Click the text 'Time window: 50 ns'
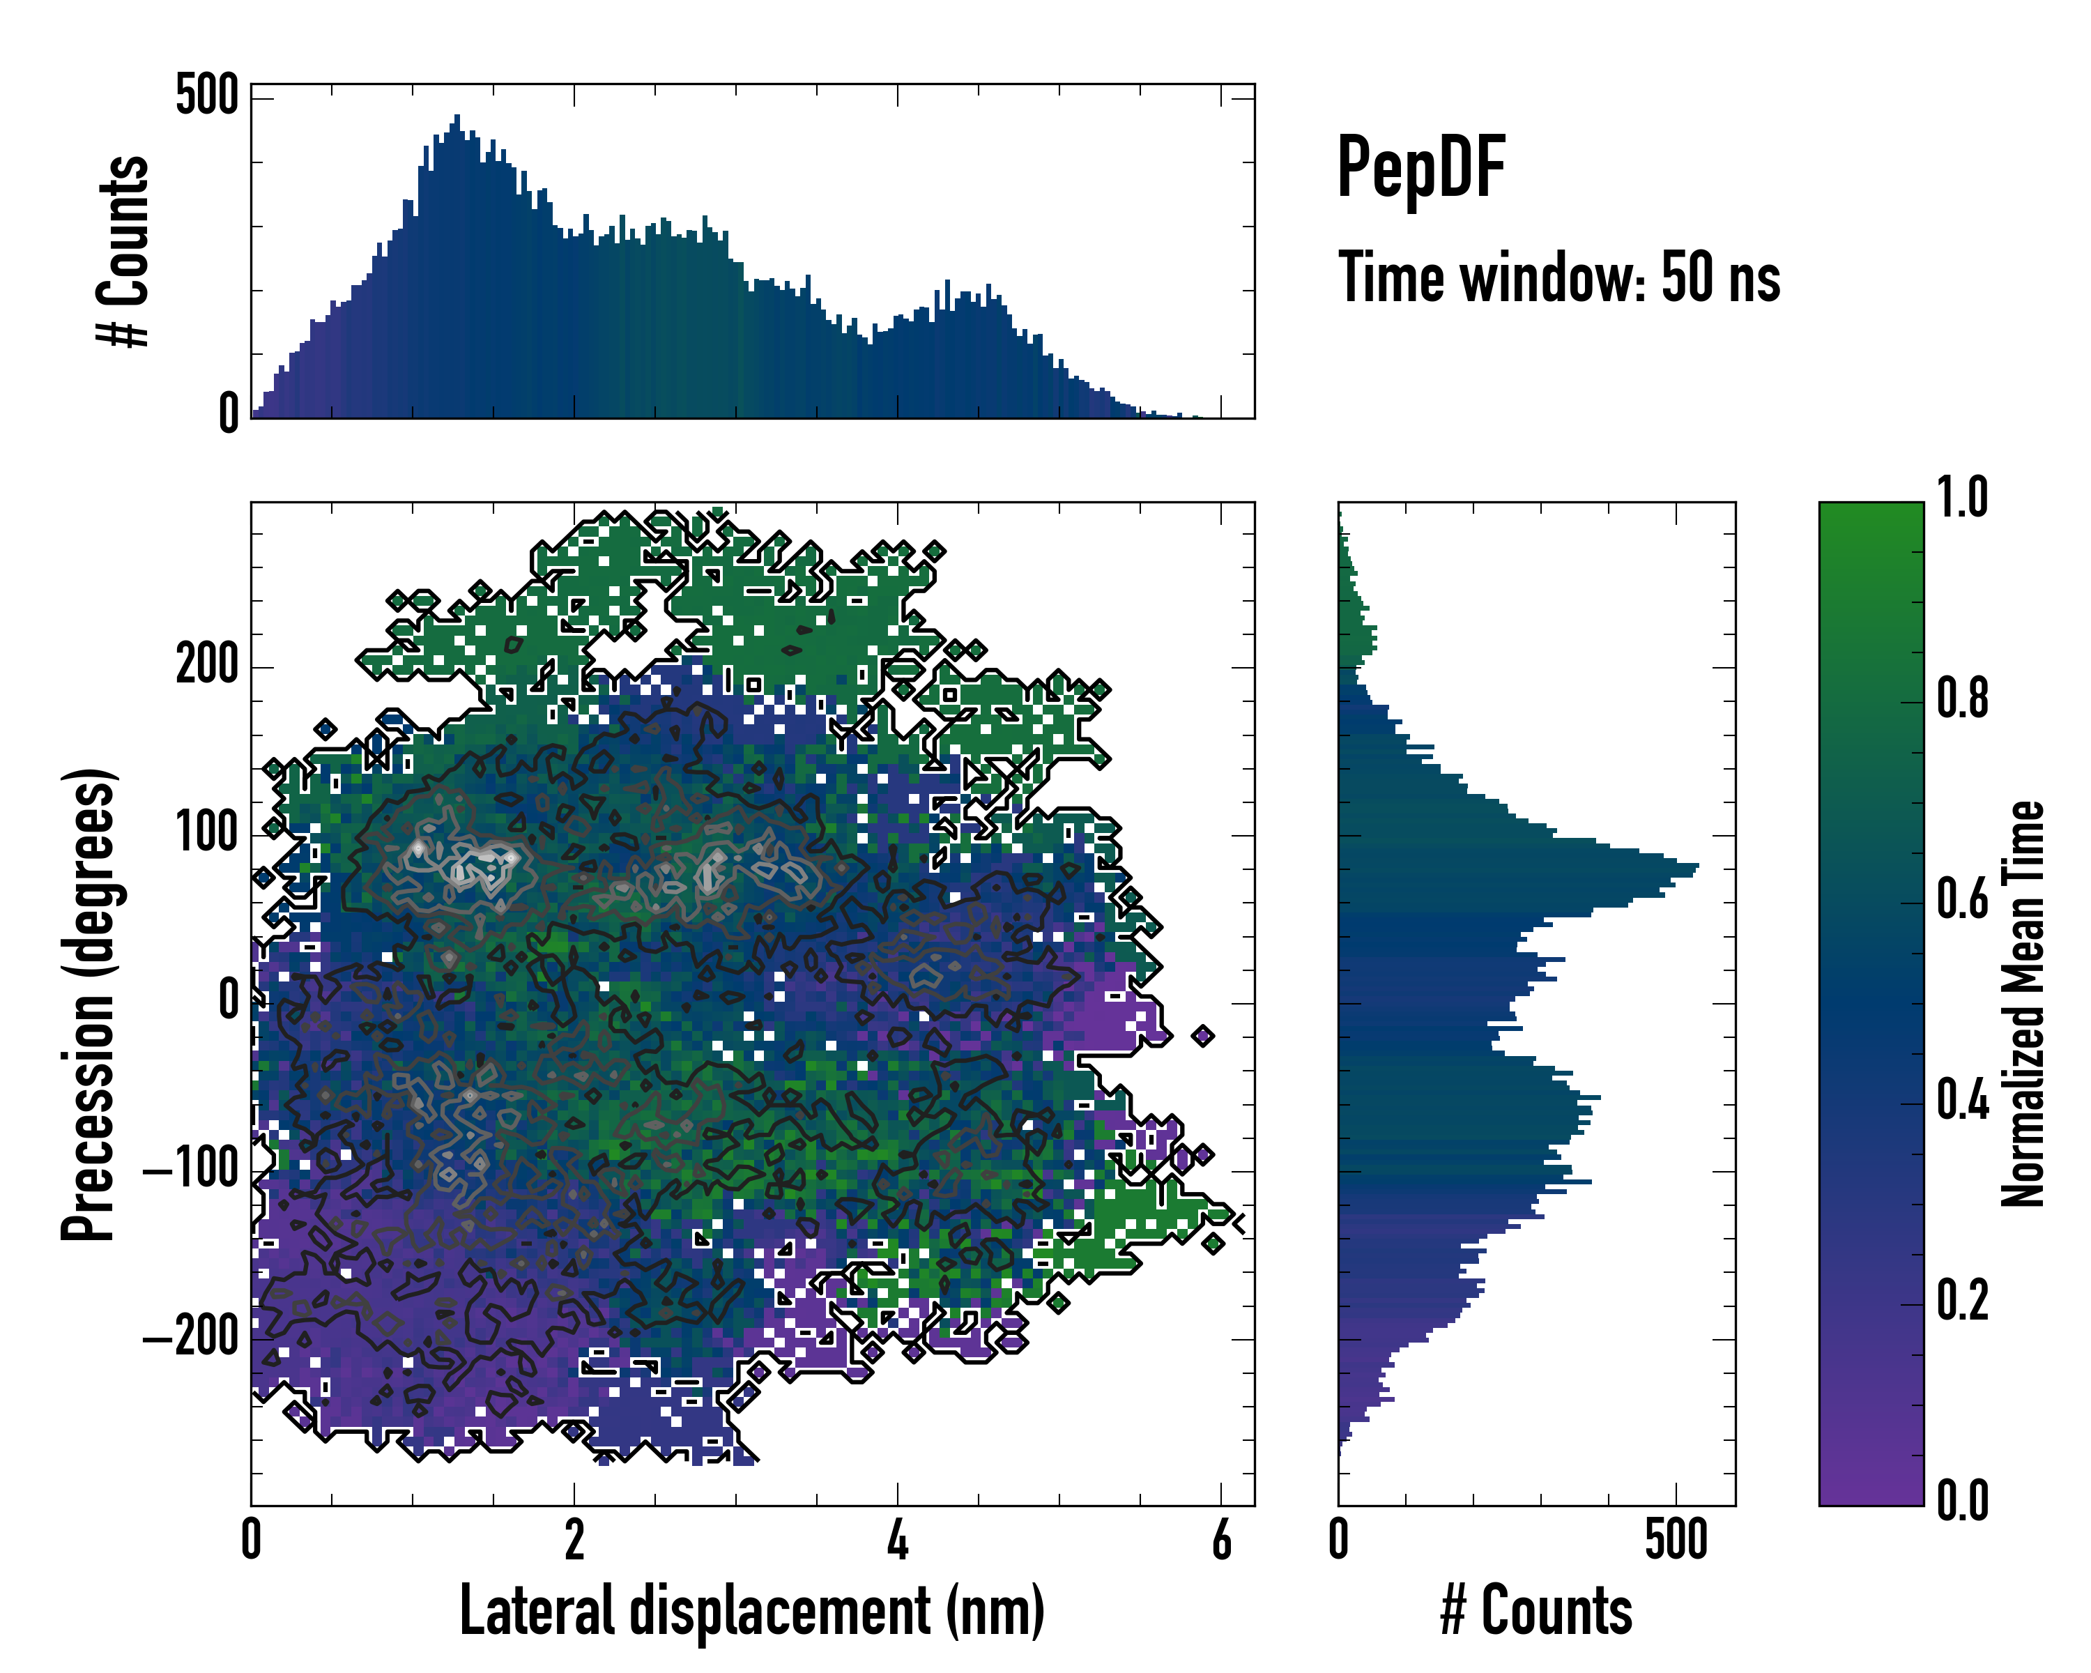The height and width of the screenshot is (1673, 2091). pos(1558,277)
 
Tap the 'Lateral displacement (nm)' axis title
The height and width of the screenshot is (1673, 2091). pos(751,1611)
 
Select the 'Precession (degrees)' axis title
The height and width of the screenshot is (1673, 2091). pos(89,1004)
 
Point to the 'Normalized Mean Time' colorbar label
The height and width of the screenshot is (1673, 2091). pos(2023,1004)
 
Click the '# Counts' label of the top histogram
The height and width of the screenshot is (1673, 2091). pos(124,251)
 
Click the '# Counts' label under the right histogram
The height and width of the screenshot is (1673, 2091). pos(1536,1611)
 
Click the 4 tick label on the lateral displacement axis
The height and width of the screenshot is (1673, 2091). pos(898,1540)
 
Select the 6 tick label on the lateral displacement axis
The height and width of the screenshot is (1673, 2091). pos(1221,1540)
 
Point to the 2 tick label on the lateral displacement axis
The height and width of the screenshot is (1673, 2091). pos(574,1540)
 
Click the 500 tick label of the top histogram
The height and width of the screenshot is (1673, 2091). pos(206,96)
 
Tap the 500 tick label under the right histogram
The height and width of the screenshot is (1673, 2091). pos(1676,1540)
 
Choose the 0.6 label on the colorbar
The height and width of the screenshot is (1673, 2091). pos(1962,899)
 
